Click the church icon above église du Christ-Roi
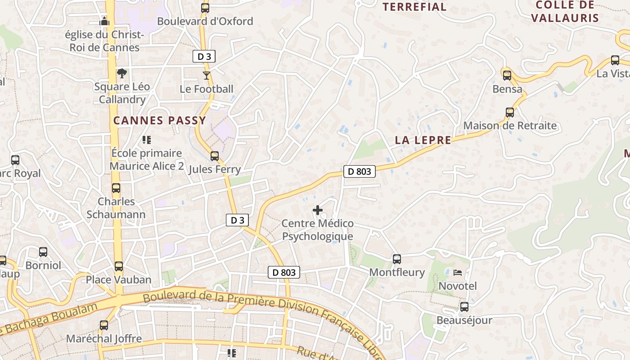click(104, 21)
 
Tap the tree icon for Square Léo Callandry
click(121, 73)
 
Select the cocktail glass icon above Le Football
click(206, 76)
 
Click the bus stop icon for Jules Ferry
click(215, 156)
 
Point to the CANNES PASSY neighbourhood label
click(160, 121)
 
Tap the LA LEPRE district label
click(423, 140)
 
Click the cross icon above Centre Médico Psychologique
click(318, 210)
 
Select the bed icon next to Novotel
click(458, 273)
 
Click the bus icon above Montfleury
click(396, 259)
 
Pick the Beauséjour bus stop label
click(464, 320)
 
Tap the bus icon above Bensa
click(507, 75)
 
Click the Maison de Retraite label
click(510, 126)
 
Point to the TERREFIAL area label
click(414, 7)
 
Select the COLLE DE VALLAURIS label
click(565, 12)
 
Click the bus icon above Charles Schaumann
click(116, 188)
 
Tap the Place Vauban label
click(119, 279)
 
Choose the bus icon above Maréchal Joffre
click(104, 325)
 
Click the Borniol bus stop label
click(43, 265)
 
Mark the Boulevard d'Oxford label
click(205, 21)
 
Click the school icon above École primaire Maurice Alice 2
click(146, 140)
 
